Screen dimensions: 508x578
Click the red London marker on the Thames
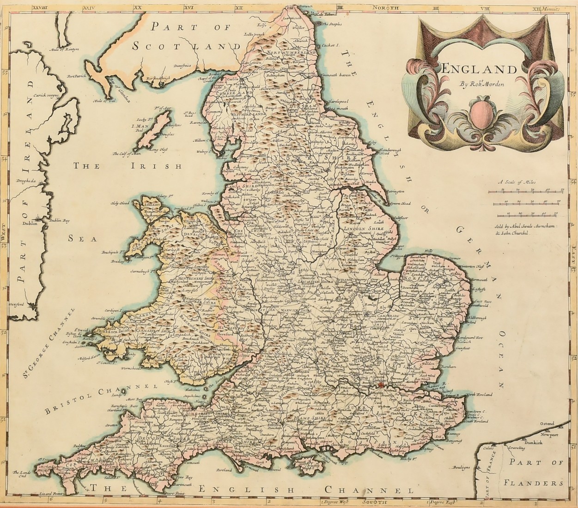381,385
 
